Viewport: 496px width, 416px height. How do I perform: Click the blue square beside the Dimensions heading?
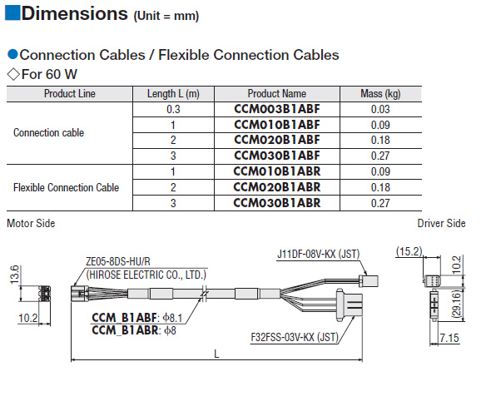click(x=12, y=12)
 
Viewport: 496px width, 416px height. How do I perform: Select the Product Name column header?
click(x=277, y=94)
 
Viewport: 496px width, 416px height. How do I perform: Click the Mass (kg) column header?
click(x=380, y=94)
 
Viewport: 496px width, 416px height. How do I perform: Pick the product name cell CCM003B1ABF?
click(x=277, y=109)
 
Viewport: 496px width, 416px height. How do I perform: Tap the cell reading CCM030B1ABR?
click(x=277, y=203)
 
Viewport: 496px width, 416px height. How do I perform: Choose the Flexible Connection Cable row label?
click(x=66, y=187)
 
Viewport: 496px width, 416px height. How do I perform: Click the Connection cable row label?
click(x=49, y=133)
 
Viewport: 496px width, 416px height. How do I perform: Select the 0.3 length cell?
click(x=173, y=110)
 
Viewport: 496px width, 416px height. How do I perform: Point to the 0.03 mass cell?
click(x=380, y=110)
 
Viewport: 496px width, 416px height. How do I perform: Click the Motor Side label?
click(x=31, y=223)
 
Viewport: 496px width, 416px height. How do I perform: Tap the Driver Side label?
click(x=441, y=223)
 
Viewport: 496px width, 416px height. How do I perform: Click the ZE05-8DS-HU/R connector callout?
click(x=118, y=261)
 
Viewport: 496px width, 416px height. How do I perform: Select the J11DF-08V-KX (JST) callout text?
click(x=318, y=254)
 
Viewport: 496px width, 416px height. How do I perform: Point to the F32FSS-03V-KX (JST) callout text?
click(x=295, y=338)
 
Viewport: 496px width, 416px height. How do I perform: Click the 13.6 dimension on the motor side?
click(x=14, y=275)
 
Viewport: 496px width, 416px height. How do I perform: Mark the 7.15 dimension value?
click(x=449, y=338)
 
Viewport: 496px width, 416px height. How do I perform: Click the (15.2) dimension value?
click(x=409, y=251)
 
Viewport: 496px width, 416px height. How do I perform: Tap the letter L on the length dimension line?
click(x=216, y=354)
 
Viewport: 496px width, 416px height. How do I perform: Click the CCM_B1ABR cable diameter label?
click(x=134, y=330)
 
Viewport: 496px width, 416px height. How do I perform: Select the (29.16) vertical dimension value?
click(x=456, y=304)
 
